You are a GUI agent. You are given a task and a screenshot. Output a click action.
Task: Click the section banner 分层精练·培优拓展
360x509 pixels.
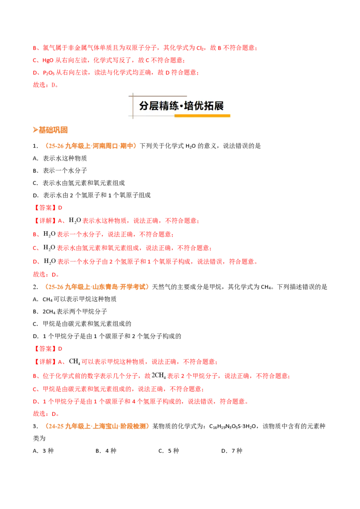pos(181,106)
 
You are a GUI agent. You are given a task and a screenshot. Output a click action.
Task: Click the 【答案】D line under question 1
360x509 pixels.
pos(48,207)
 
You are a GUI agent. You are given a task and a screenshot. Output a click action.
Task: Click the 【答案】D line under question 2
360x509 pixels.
pos(48,348)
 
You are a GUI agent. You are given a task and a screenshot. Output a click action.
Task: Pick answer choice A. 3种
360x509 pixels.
pos(43,451)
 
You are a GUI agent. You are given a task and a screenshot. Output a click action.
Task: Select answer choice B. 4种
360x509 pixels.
pos(106,451)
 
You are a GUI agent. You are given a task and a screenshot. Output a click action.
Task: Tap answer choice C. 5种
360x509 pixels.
pos(169,451)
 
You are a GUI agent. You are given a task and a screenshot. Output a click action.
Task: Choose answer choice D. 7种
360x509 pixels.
pos(232,451)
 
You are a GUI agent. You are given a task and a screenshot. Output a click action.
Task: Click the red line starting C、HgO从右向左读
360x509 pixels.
pos(109,60)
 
